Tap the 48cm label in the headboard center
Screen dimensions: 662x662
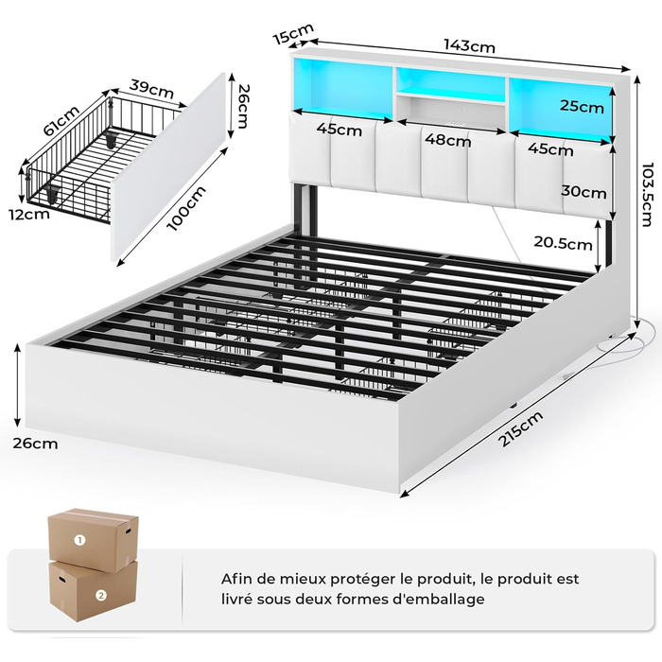tap(447, 141)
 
